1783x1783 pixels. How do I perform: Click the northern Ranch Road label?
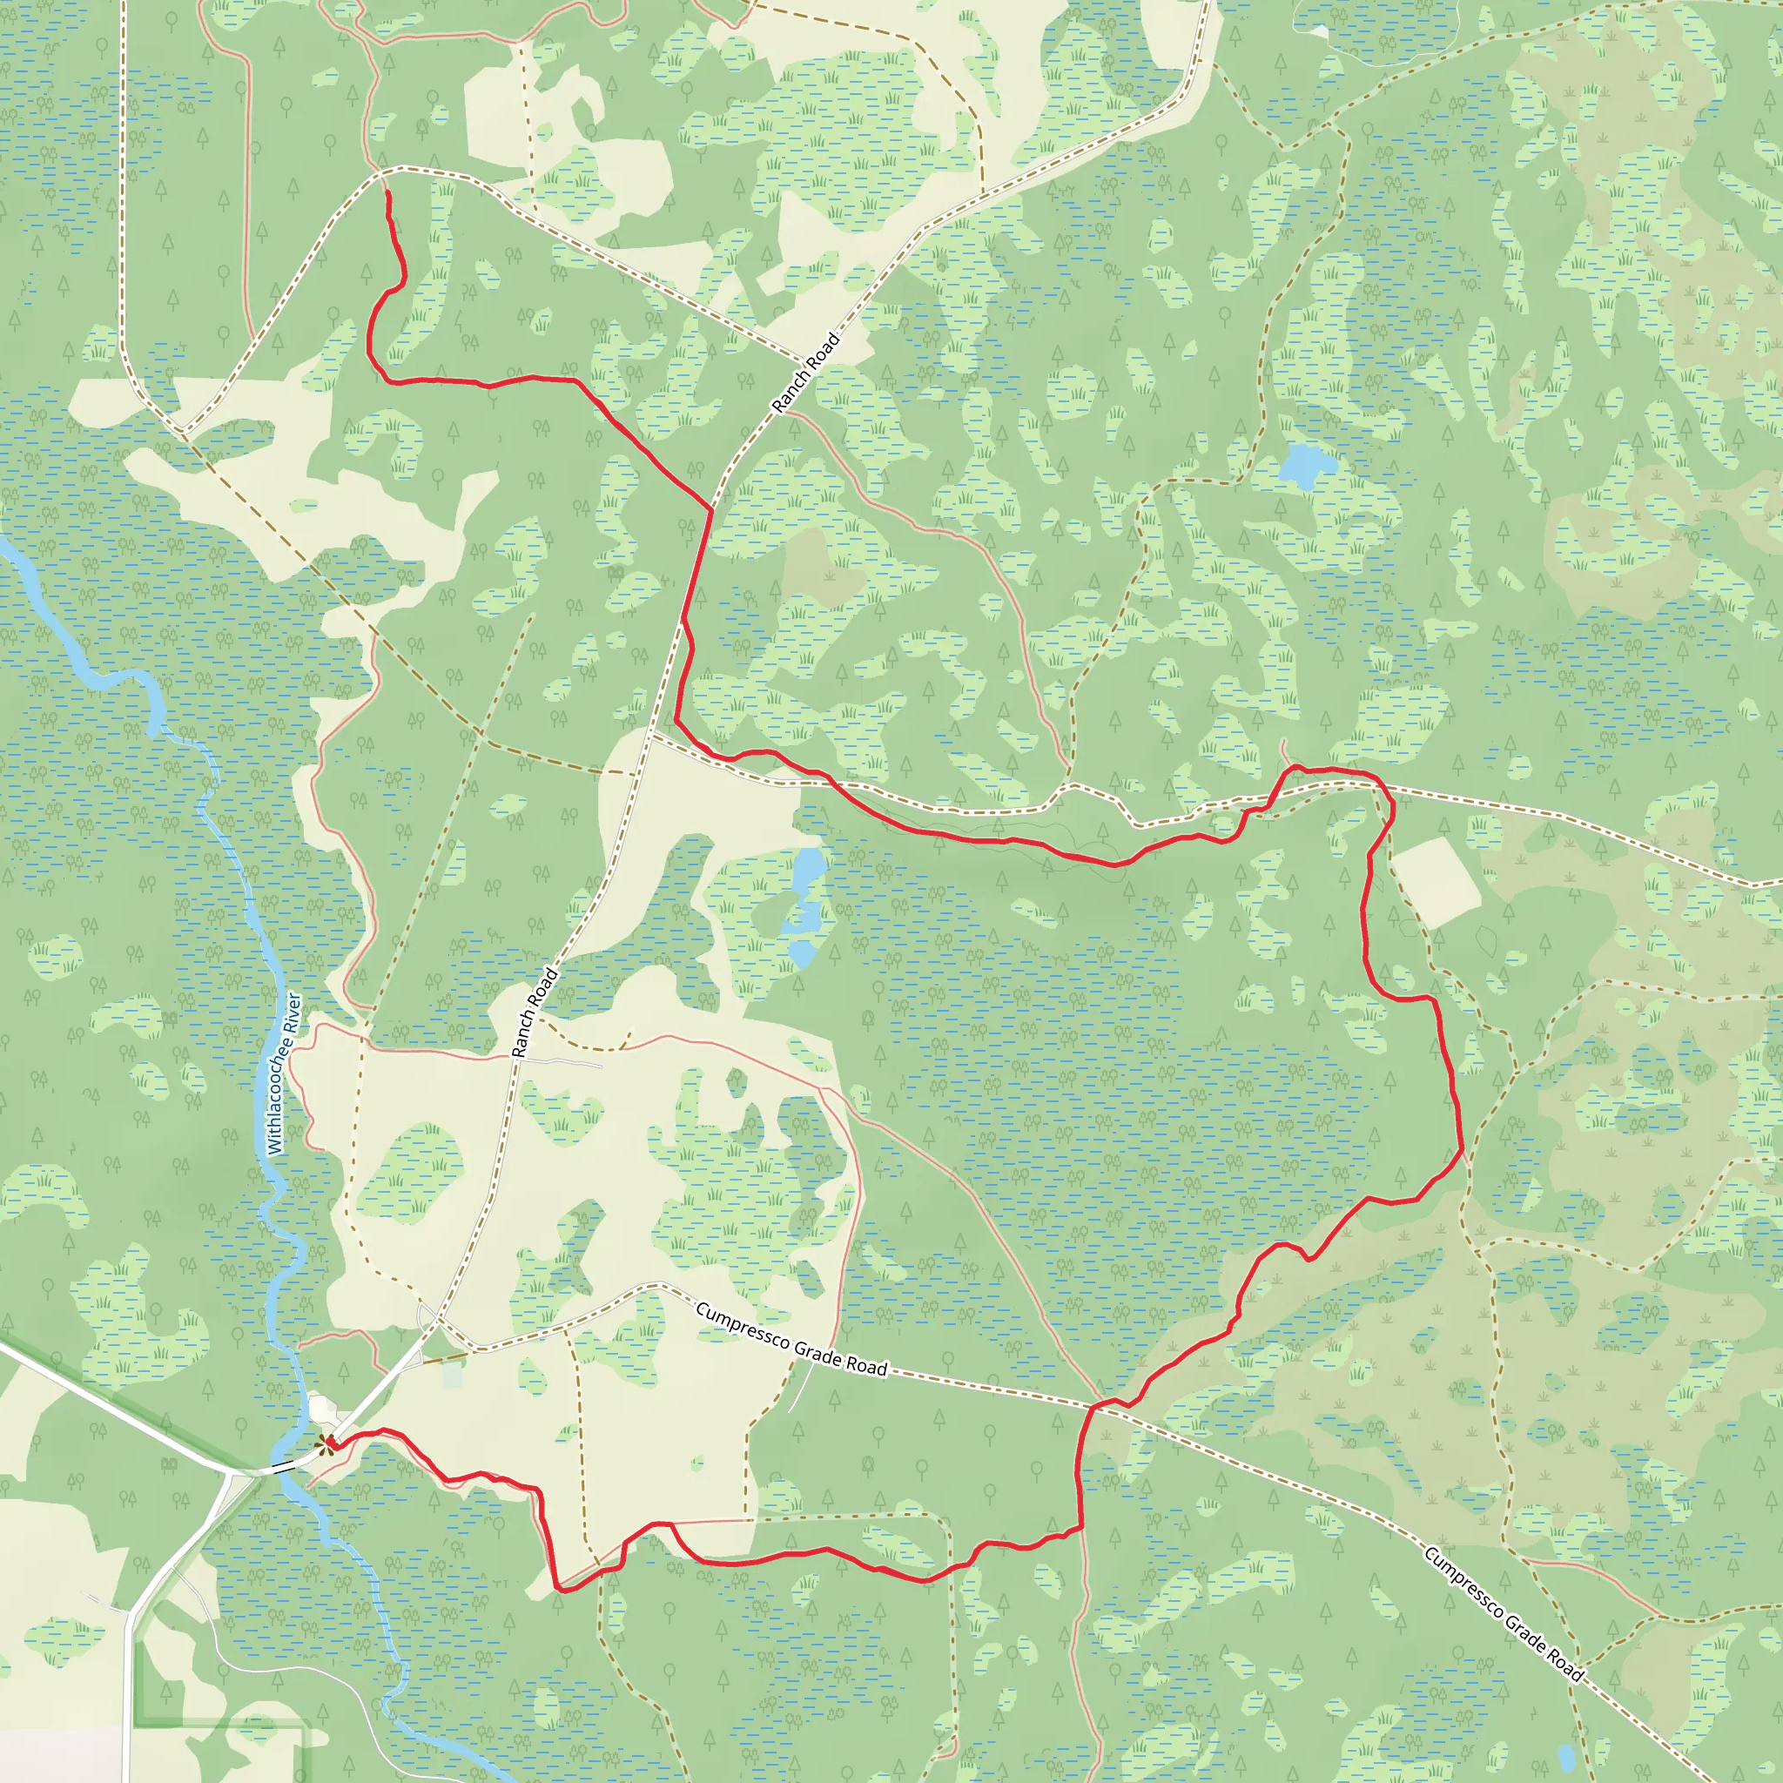tap(805, 373)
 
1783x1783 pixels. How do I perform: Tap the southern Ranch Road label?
tap(535, 1012)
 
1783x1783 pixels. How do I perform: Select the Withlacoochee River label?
tap(283, 1073)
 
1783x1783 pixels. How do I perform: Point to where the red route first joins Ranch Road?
tap(711, 509)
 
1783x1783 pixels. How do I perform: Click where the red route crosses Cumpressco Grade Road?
tap(1096, 1407)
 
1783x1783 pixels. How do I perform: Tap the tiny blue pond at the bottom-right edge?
tap(1566, 1754)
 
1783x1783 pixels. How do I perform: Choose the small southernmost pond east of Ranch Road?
tap(801, 954)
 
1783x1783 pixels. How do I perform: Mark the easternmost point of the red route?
tap(1463, 1148)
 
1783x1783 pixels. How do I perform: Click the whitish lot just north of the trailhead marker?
tap(323, 1410)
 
